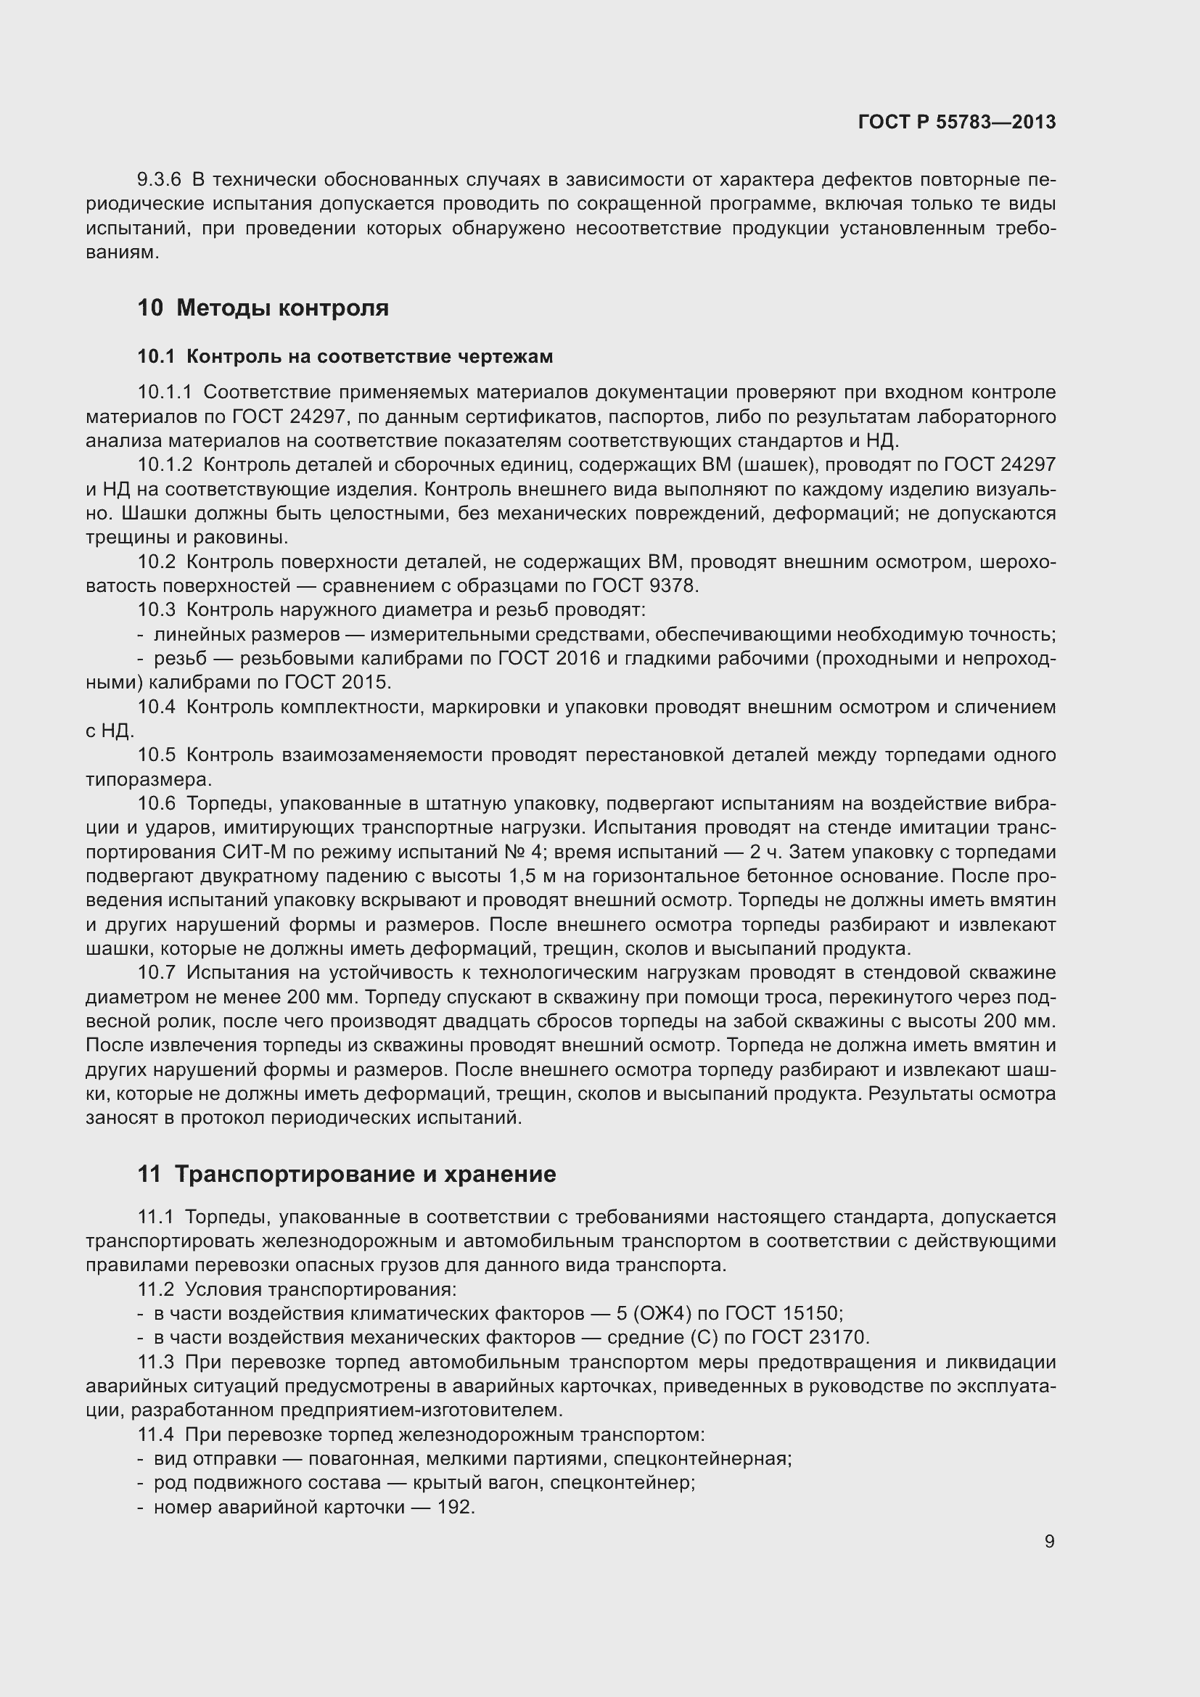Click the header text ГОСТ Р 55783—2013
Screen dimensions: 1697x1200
pos(957,122)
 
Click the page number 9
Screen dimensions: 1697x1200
pos(1049,1541)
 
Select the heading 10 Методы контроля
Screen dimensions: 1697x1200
pos(263,308)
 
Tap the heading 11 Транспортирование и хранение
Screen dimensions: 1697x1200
pos(347,1174)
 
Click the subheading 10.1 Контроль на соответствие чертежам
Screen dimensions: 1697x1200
pos(345,356)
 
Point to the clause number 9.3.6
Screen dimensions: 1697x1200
pos(159,180)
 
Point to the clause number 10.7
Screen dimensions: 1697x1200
pos(157,974)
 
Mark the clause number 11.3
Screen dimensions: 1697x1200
pos(155,1363)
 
